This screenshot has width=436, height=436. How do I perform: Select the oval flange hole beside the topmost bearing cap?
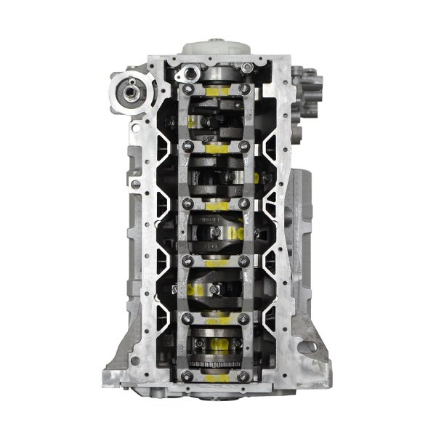pos(190,72)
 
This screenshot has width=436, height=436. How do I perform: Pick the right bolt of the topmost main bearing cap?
pos(244,89)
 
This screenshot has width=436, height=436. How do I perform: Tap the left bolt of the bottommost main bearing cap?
pos(188,375)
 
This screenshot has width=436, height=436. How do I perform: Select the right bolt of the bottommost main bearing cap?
pos(246,375)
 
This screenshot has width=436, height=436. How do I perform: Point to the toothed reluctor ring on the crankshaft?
pos(217,363)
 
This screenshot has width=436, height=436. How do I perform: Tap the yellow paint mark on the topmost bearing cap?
pos(217,90)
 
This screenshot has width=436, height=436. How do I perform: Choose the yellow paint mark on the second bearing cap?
pos(217,148)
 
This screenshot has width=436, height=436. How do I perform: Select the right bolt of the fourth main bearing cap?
pos(246,259)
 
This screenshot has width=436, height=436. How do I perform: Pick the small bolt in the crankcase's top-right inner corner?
pos(249,68)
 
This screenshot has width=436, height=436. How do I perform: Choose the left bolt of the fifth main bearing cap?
pos(188,317)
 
